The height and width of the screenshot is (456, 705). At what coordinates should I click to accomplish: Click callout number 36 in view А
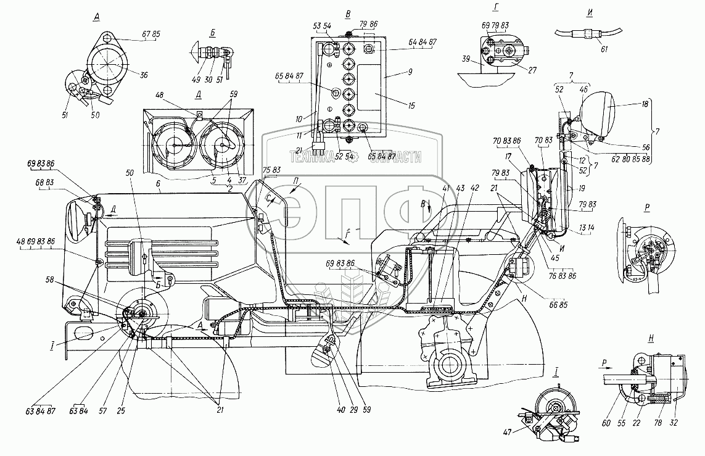tap(144, 76)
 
